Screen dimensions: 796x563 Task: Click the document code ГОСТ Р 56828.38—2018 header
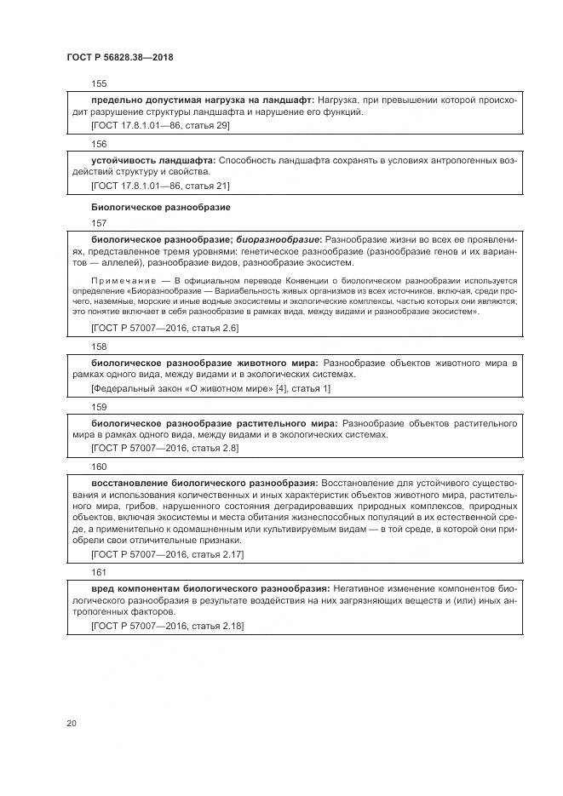125,57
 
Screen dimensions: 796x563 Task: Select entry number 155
98,84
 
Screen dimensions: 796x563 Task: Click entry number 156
98,145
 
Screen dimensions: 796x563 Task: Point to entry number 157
98,224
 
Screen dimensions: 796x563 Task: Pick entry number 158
98,347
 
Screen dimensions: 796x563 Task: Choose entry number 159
98,407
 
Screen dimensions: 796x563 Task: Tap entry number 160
98,467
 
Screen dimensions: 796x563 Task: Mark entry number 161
98,573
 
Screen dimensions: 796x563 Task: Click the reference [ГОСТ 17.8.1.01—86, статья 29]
160,125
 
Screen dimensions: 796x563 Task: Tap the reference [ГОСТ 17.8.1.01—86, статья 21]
160,185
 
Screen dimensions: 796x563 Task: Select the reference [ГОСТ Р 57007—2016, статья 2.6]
164,328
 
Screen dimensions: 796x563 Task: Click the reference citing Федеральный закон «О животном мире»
210,388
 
